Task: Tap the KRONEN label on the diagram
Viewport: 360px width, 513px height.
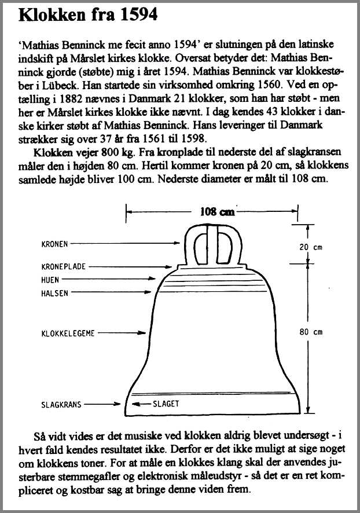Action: click(55, 244)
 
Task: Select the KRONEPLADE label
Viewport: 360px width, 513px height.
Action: click(63, 267)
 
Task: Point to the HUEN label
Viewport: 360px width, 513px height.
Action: click(50, 280)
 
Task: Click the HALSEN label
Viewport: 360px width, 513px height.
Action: click(54, 293)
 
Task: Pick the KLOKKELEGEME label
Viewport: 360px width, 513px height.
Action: click(67, 333)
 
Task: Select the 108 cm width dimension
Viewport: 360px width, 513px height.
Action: click(216, 212)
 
